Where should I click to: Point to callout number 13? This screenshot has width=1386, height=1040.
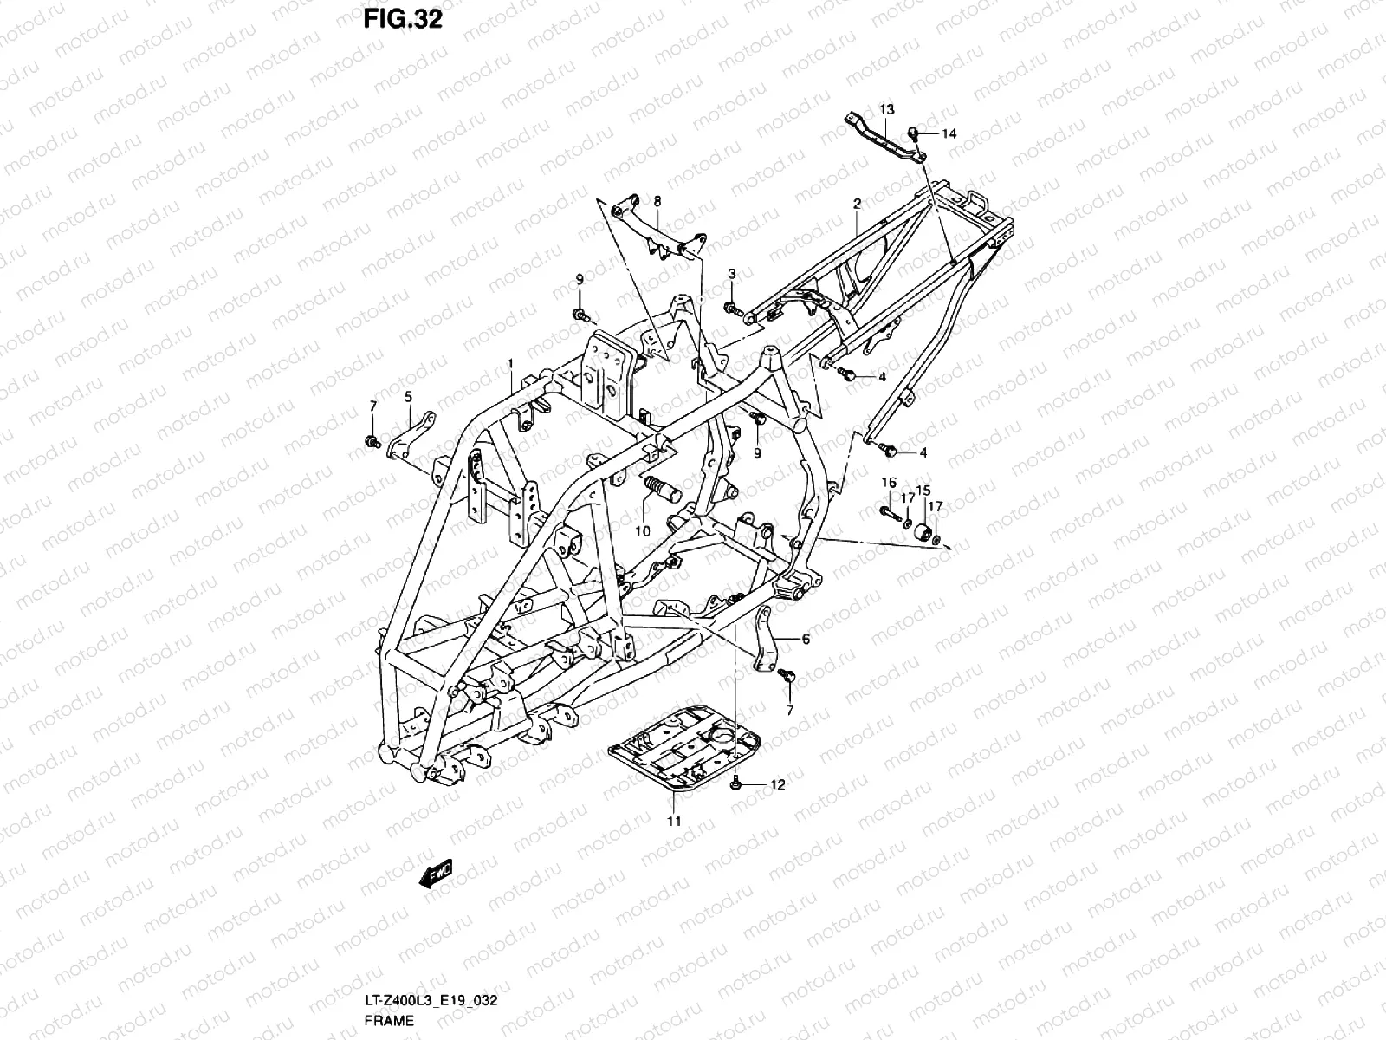click(x=887, y=109)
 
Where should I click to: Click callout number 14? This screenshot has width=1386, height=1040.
click(x=949, y=133)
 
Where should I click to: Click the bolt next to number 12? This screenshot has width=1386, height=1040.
click(x=735, y=784)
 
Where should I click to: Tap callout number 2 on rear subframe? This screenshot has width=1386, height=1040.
click(x=857, y=204)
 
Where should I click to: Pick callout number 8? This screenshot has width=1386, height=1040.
click(x=657, y=201)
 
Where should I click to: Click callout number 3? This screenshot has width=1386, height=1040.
click(x=731, y=274)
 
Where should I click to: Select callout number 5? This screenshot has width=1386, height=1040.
click(x=408, y=397)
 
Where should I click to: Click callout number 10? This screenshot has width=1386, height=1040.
click(x=642, y=531)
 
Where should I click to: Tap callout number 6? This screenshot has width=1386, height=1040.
click(x=806, y=640)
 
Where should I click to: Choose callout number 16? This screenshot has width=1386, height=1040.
click(x=889, y=482)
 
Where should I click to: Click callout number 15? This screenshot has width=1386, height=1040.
click(x=923, y=490)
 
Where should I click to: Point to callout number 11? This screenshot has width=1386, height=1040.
click(x=674, y=820)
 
